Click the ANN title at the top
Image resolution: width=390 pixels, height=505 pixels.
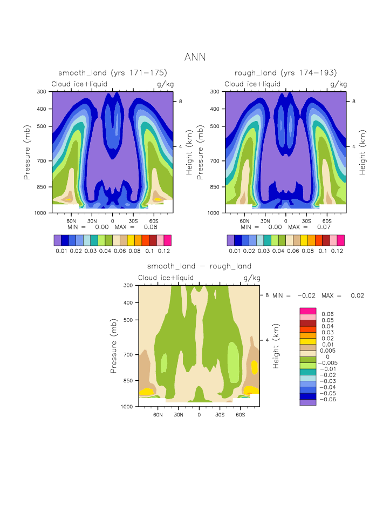(195, 57)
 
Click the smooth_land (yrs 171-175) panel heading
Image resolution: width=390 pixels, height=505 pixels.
(112, 73)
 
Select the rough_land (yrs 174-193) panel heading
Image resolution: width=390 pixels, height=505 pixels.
(285, 73)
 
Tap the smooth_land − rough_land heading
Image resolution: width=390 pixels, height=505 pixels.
(199, 266)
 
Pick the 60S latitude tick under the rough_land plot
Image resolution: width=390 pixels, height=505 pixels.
(326, 221)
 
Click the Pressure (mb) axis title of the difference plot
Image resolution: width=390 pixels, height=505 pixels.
(113, 346)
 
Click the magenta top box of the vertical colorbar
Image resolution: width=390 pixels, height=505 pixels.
(307, 311)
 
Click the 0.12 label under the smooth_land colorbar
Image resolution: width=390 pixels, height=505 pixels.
(164, 251)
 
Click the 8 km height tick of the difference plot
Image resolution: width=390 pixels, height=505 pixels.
(266, 295)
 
